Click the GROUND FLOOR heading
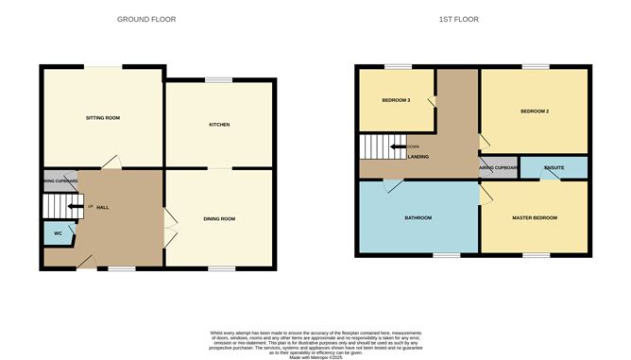(x=146, y=19)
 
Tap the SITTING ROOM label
(x=103, y=118)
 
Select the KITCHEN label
(x=220, y=125)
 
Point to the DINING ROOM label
(x=219, y=219)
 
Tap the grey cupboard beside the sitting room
(x=60, y=180)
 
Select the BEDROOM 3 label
(x=396, y=100)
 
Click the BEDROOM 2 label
(x=535, y=111)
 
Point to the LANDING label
(x=418, y=157)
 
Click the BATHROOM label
(x=418, y=218)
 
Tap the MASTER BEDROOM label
(x=535, y=218)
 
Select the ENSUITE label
(x=554, y=167)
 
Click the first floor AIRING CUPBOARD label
(x=498, y=167)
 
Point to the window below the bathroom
(x=447, y=254)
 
